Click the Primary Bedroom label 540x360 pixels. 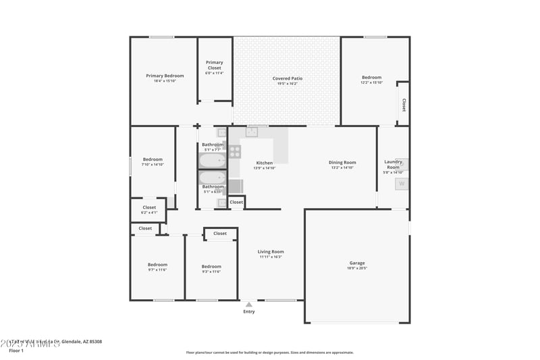coord(165,76)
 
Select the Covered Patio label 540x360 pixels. coord(287,78)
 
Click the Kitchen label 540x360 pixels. coord(264,163)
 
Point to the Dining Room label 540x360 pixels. coord(342,162)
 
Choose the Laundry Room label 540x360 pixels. coord(393,164)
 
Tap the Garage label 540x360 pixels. coord(356,263)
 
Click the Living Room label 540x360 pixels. coord(271,251)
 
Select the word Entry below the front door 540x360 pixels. coord(249,311)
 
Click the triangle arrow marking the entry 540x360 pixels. coord(249,305)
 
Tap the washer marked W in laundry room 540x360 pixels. coord(402,183)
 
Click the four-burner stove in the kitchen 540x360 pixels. coord(234,152)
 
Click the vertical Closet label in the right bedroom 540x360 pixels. coord(404,105)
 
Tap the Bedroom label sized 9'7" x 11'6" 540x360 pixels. coord(157,265)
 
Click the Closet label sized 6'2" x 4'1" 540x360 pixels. coord(149,207)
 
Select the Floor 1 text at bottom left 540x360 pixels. coord(16,351)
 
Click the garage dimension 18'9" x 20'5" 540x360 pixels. coord(356,268)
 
